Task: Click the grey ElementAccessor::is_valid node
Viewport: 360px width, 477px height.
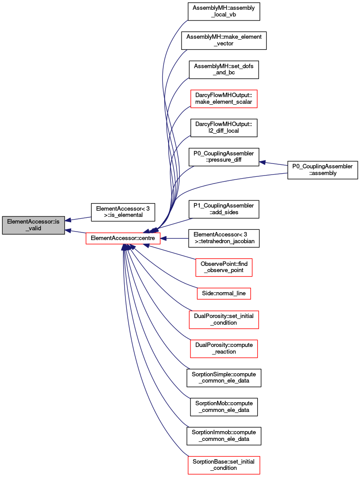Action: coord(33,225)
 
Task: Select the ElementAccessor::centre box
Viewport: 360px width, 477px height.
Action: coord(123,238)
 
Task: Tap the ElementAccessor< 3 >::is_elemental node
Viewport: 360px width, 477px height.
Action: coord(123,212)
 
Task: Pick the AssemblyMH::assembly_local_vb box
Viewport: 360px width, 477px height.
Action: coord(224,12)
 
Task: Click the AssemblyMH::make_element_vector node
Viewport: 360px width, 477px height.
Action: coord(224,41)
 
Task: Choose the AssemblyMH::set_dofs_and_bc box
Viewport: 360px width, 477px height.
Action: coord(224,69)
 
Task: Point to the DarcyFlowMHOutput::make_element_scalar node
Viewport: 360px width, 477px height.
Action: coord(224,98)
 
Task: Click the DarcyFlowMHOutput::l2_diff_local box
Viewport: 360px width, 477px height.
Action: coord(224,128)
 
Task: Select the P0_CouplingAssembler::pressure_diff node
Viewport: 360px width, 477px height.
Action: coord(224,157)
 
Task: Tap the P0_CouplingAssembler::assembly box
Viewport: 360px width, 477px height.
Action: coord(323,170)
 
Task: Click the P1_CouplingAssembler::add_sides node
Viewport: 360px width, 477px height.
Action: coord(224,209)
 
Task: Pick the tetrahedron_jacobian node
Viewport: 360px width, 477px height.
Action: coord(224,238)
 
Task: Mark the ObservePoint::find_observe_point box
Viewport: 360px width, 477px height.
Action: coord(224,267)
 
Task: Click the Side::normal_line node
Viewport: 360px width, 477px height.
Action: coord(224,294)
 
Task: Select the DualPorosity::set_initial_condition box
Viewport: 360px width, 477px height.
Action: coord(224,319)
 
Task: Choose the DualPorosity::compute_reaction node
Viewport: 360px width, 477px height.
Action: coord(224,349)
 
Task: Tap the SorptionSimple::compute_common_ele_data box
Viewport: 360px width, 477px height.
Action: coord(224,378)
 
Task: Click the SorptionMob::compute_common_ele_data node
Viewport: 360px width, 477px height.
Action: coord(224,407)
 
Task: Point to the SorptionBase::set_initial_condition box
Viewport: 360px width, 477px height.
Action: coord(224,465)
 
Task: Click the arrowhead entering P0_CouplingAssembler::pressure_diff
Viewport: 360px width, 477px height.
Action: coord(262,162)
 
